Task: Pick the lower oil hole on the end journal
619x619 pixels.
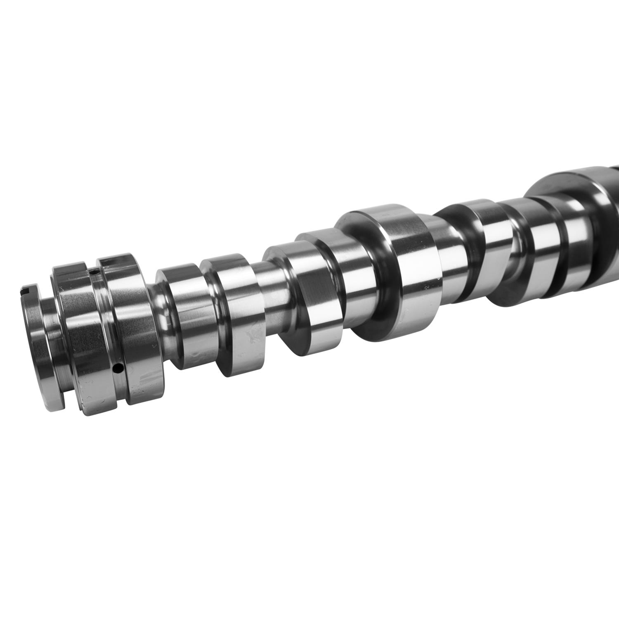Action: [118, 366]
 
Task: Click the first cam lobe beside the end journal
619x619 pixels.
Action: [186, 314]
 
